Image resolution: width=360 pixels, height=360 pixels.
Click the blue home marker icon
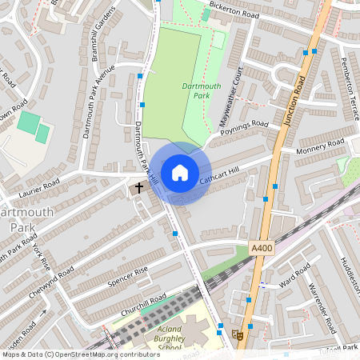[179, 173]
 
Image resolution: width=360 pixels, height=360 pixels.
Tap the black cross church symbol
[138, 189]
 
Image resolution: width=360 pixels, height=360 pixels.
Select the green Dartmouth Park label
[196, 89]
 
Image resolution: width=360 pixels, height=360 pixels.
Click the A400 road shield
[260, 250]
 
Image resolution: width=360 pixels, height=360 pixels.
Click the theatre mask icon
[235, 335]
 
